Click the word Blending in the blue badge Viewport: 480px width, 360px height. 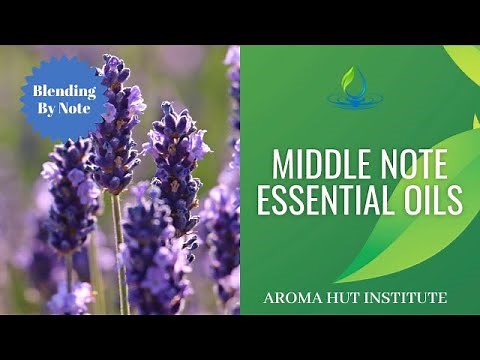pos(63,90)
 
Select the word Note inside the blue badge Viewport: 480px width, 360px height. pos(79,107)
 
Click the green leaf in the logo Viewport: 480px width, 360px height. pos(348,78)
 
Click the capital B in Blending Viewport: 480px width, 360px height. pos(38,90)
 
